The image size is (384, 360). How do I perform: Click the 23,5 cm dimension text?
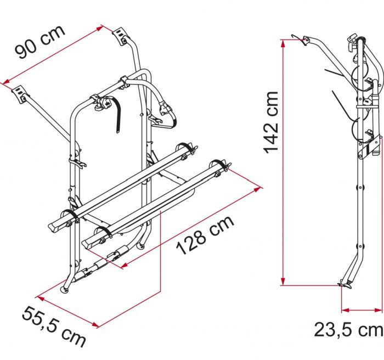348,330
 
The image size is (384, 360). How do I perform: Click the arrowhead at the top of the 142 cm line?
283,42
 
